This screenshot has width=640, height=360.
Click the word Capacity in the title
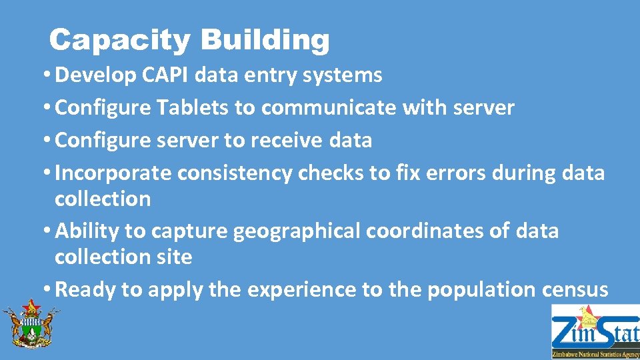coord(120,41)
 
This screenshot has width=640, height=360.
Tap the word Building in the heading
coord(265,41)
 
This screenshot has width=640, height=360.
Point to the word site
coord(175,257)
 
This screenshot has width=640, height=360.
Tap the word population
coord(491,290)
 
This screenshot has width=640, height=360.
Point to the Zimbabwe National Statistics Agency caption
coord(595,355)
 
